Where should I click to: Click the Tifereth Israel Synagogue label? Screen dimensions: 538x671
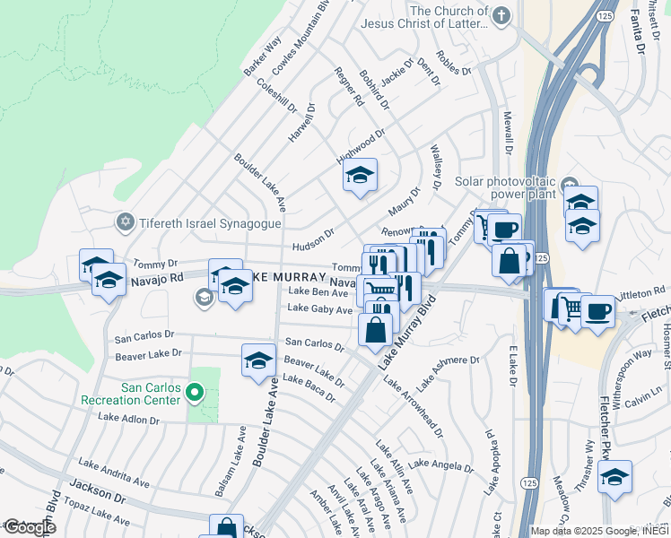coord(202,221)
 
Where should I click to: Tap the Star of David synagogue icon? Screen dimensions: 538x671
coord(126,221)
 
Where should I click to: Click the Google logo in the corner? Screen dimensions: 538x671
coord(30,527)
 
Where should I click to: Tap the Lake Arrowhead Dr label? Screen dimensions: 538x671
coord(413,407)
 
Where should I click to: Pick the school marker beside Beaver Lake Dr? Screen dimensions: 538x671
coord(258,360)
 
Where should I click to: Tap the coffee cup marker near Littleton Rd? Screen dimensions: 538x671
coord(597,311)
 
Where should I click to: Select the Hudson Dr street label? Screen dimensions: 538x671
coord(312,238)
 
